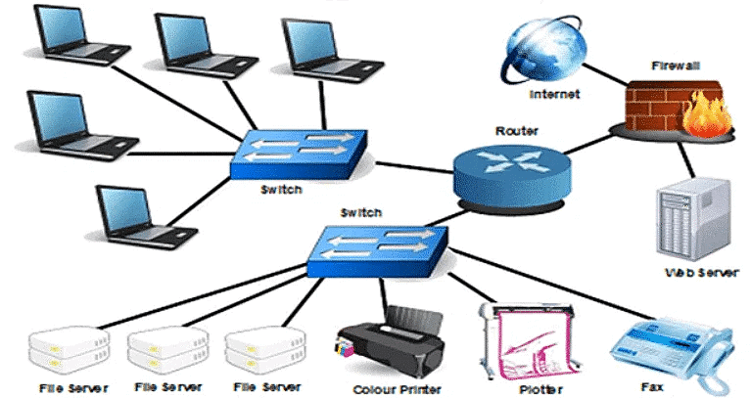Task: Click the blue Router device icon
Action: click(x=508, y=172)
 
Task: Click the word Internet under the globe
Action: click(x=554, y=95)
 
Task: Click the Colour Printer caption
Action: click(x=393, y=387)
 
